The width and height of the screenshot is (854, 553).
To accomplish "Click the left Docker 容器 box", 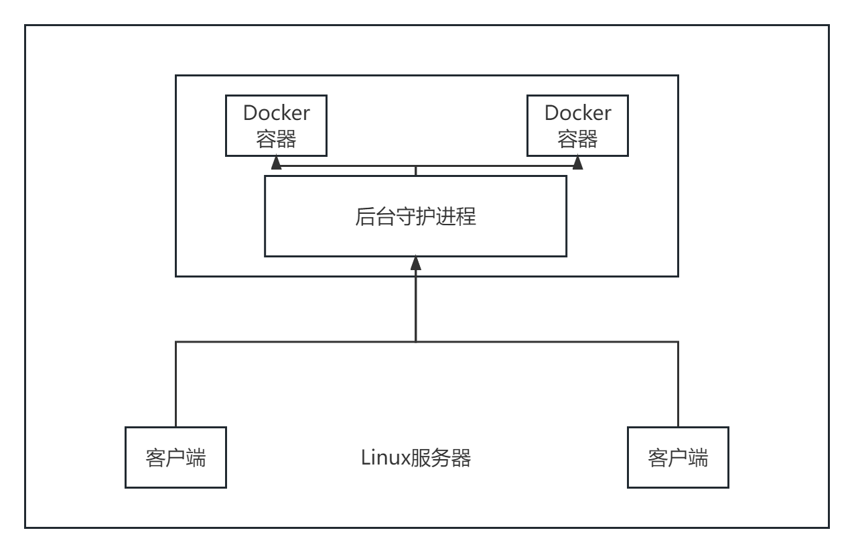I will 276,125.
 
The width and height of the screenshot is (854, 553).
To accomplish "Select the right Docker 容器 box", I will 577,125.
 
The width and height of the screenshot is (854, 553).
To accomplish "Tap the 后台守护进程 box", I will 415,216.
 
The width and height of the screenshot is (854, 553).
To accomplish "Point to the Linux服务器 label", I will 416,458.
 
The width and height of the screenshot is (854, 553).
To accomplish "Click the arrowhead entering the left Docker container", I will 276,162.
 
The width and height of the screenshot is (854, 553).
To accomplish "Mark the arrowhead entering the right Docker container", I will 577,162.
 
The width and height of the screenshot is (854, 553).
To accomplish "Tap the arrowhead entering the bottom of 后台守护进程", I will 416,262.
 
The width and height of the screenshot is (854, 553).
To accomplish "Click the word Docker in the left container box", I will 276,113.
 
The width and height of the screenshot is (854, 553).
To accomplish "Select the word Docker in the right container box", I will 577,113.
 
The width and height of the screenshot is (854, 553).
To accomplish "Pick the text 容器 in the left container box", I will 276,139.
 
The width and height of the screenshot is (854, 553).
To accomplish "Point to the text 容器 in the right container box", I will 577,139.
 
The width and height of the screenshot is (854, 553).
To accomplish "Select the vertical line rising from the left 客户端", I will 175,385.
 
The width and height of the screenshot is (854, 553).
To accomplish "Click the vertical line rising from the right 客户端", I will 678,385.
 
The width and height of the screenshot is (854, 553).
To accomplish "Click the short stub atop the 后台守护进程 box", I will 416,172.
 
